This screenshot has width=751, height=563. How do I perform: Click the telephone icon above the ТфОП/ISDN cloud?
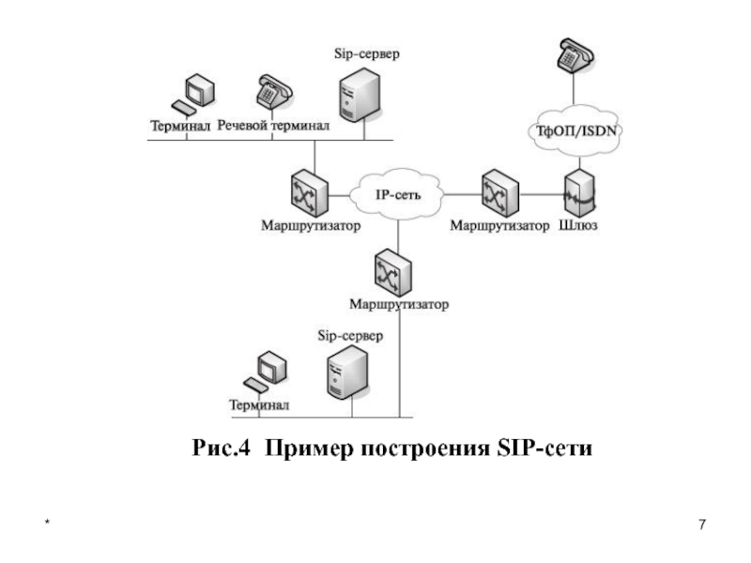tap(575, 55)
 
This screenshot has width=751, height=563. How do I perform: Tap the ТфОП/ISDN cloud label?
tap(576, 130)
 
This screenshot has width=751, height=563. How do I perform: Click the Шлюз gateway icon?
tap(579, 193)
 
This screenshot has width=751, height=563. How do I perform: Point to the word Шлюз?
tap(578, 225)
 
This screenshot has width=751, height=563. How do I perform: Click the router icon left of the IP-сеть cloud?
tap(310, 194)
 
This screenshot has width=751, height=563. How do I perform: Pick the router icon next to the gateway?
tap(500, 193)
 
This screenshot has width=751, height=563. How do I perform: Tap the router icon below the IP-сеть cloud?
tap(392, 273)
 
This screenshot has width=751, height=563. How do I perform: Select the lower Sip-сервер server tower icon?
tap(348, 372)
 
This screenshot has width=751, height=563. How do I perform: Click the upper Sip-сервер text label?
tap(367, 53)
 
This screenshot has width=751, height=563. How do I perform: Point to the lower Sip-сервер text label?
tap(350, 336)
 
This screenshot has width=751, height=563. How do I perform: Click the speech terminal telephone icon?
tap(274, 92)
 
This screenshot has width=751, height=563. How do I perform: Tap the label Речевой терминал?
tap(273, 126)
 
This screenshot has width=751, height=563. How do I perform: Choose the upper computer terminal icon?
tap(193, 95)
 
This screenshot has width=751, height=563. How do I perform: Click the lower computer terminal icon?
tap(266, 372)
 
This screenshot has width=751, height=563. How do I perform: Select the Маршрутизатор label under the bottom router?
tap(399, 304)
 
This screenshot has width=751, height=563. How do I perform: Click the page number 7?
tap(702, 525)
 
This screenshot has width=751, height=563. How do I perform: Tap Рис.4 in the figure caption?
tap(221, 449)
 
